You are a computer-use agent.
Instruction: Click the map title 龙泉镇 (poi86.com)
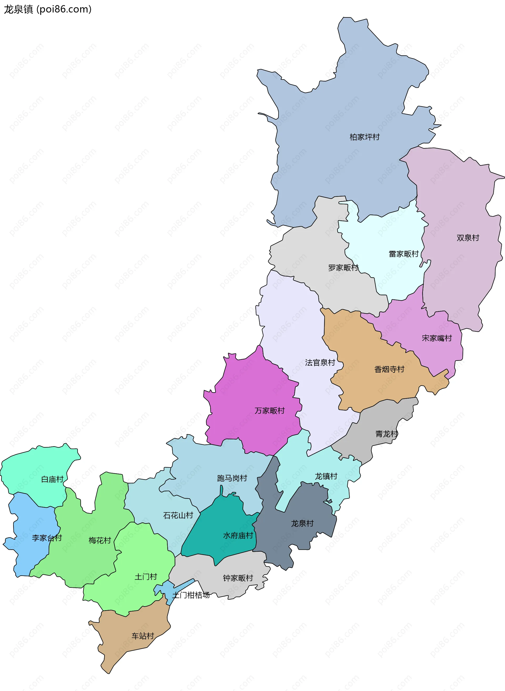[48, 9]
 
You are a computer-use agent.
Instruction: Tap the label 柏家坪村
[364, 137]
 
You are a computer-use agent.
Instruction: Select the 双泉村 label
[468, 238]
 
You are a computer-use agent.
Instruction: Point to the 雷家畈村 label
[403, 254]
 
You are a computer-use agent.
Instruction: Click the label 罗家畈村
[343, 268]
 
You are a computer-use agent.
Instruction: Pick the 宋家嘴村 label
[437, 338]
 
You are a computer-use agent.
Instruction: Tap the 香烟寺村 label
[389, 369]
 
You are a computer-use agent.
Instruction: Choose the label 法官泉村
[320, 362]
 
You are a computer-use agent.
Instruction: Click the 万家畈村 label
[269, 410]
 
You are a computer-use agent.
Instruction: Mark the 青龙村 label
[386, 434]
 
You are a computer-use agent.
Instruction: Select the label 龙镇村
[326, 476]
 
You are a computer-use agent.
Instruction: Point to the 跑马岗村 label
[232, 478]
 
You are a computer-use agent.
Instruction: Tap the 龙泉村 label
[302, 523]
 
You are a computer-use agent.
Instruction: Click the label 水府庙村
[238, 536]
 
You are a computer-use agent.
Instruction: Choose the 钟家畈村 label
[238, 578]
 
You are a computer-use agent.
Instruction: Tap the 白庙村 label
[52, 479]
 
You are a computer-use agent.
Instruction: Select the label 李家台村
[47, 538]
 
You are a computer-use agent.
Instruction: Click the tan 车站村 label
[143, 636]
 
